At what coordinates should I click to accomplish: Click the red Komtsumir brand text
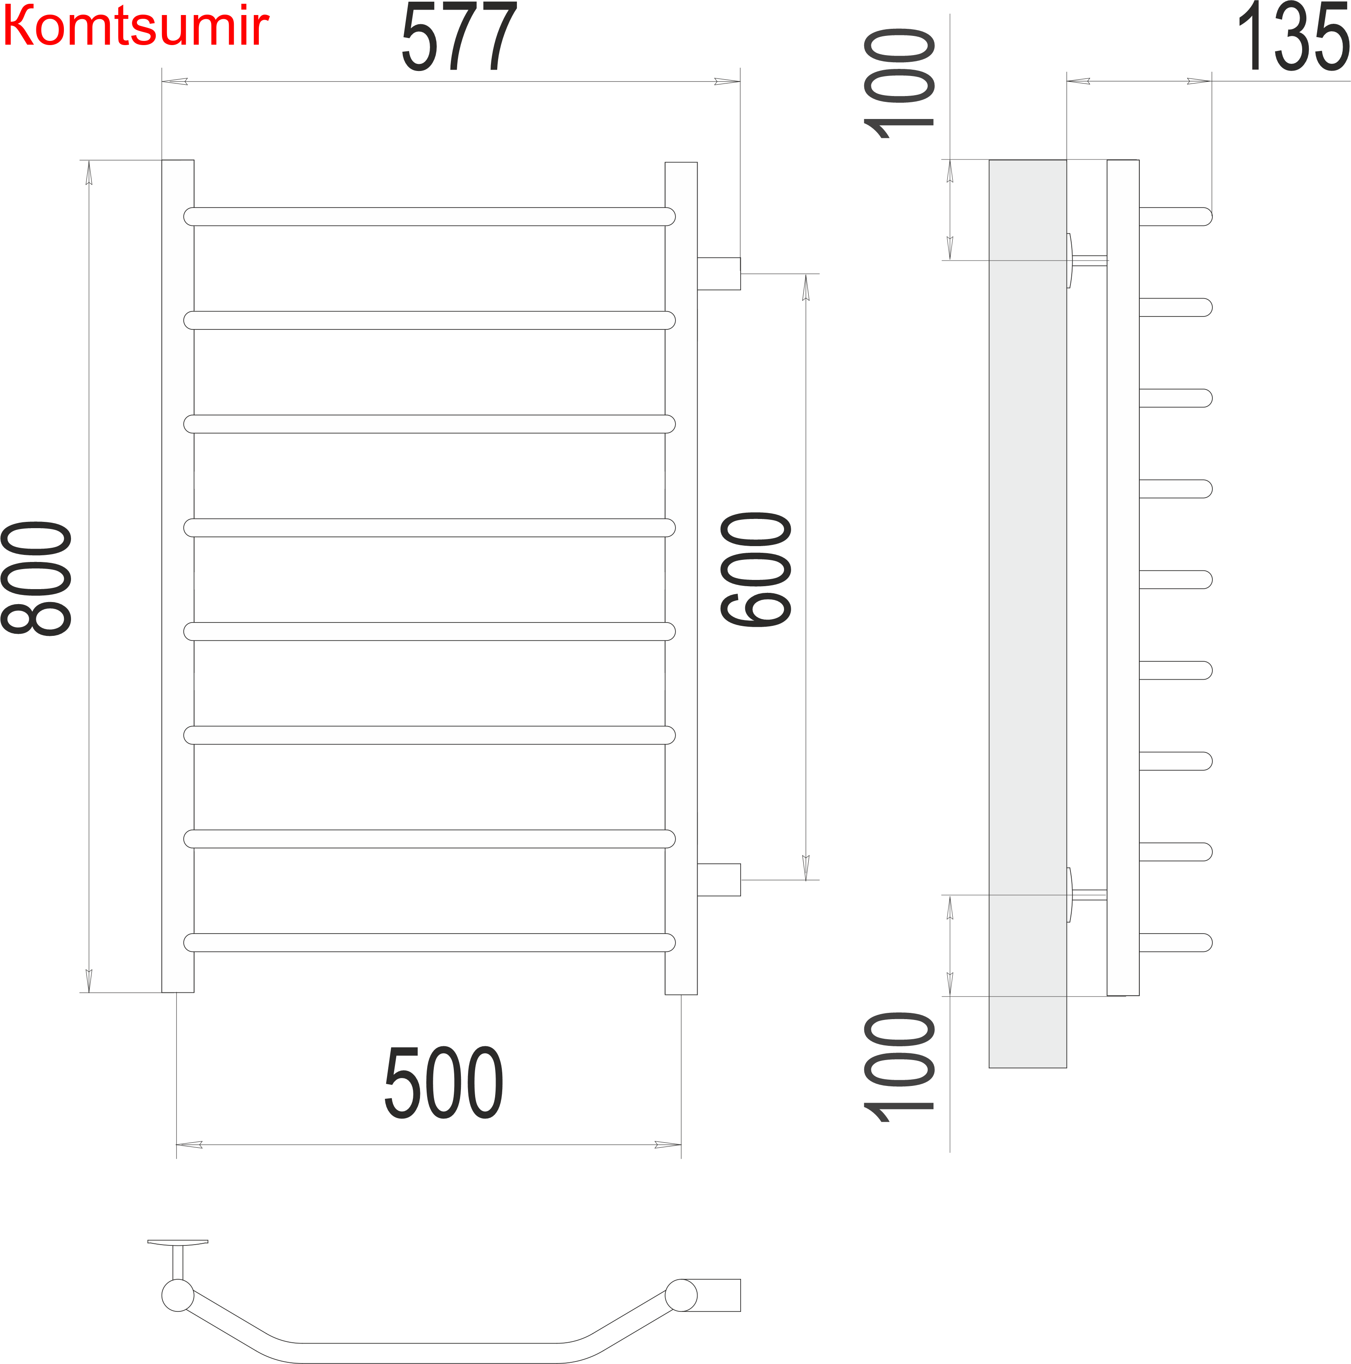pos(136,27)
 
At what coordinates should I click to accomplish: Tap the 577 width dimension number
pos(460,37)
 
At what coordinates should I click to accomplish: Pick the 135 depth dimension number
pos(1293,37)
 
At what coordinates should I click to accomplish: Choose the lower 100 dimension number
pos(898,1068)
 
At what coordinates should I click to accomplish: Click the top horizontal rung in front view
pos(429,217)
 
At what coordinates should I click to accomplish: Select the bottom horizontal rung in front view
pos(429,942)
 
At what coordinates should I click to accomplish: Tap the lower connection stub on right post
pos(719,880)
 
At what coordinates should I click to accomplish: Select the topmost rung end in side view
pos(1175,217)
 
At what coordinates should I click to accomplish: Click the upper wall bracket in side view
pos(1085,261)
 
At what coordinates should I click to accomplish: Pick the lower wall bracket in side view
pos(1085,895)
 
